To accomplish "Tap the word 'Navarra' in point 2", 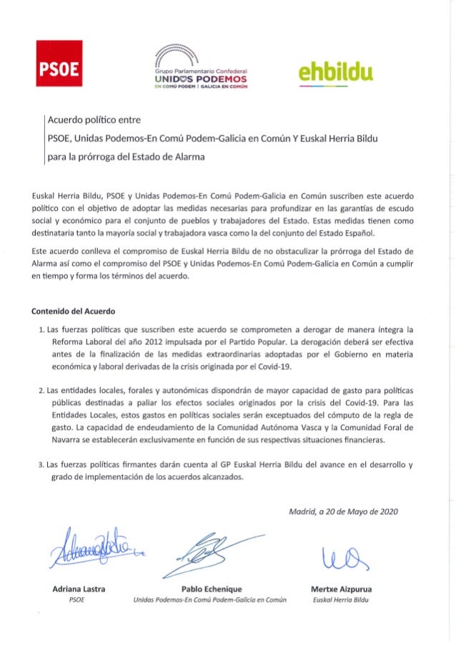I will pos(64,440).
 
